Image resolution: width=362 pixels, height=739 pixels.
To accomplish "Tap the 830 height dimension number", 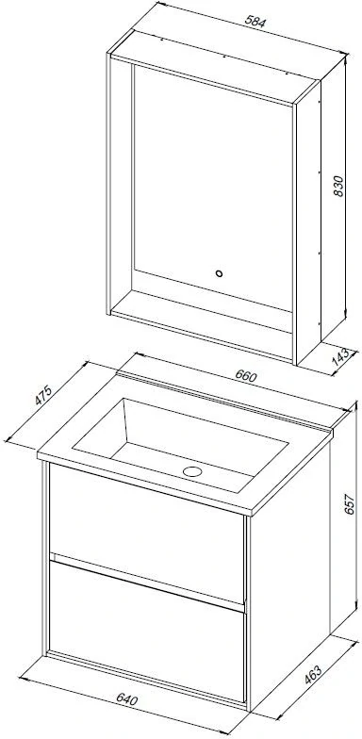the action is tap(337, 186).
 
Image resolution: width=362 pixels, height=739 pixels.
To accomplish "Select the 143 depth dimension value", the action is tap(340, 357).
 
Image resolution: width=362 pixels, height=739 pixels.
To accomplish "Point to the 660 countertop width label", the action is tap(245, 376).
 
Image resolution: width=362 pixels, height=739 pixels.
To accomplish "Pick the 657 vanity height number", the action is tap(349, 504).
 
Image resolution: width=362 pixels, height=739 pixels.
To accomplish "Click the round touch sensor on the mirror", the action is tap(219, 273).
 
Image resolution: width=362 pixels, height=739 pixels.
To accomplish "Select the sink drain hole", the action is tap(192, 470).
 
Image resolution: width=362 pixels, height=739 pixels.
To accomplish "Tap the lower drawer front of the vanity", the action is tap(147, 631).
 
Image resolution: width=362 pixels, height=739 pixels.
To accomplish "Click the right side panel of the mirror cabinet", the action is tap(307, 222).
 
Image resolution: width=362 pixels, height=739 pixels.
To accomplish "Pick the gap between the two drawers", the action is tap(147, 581).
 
